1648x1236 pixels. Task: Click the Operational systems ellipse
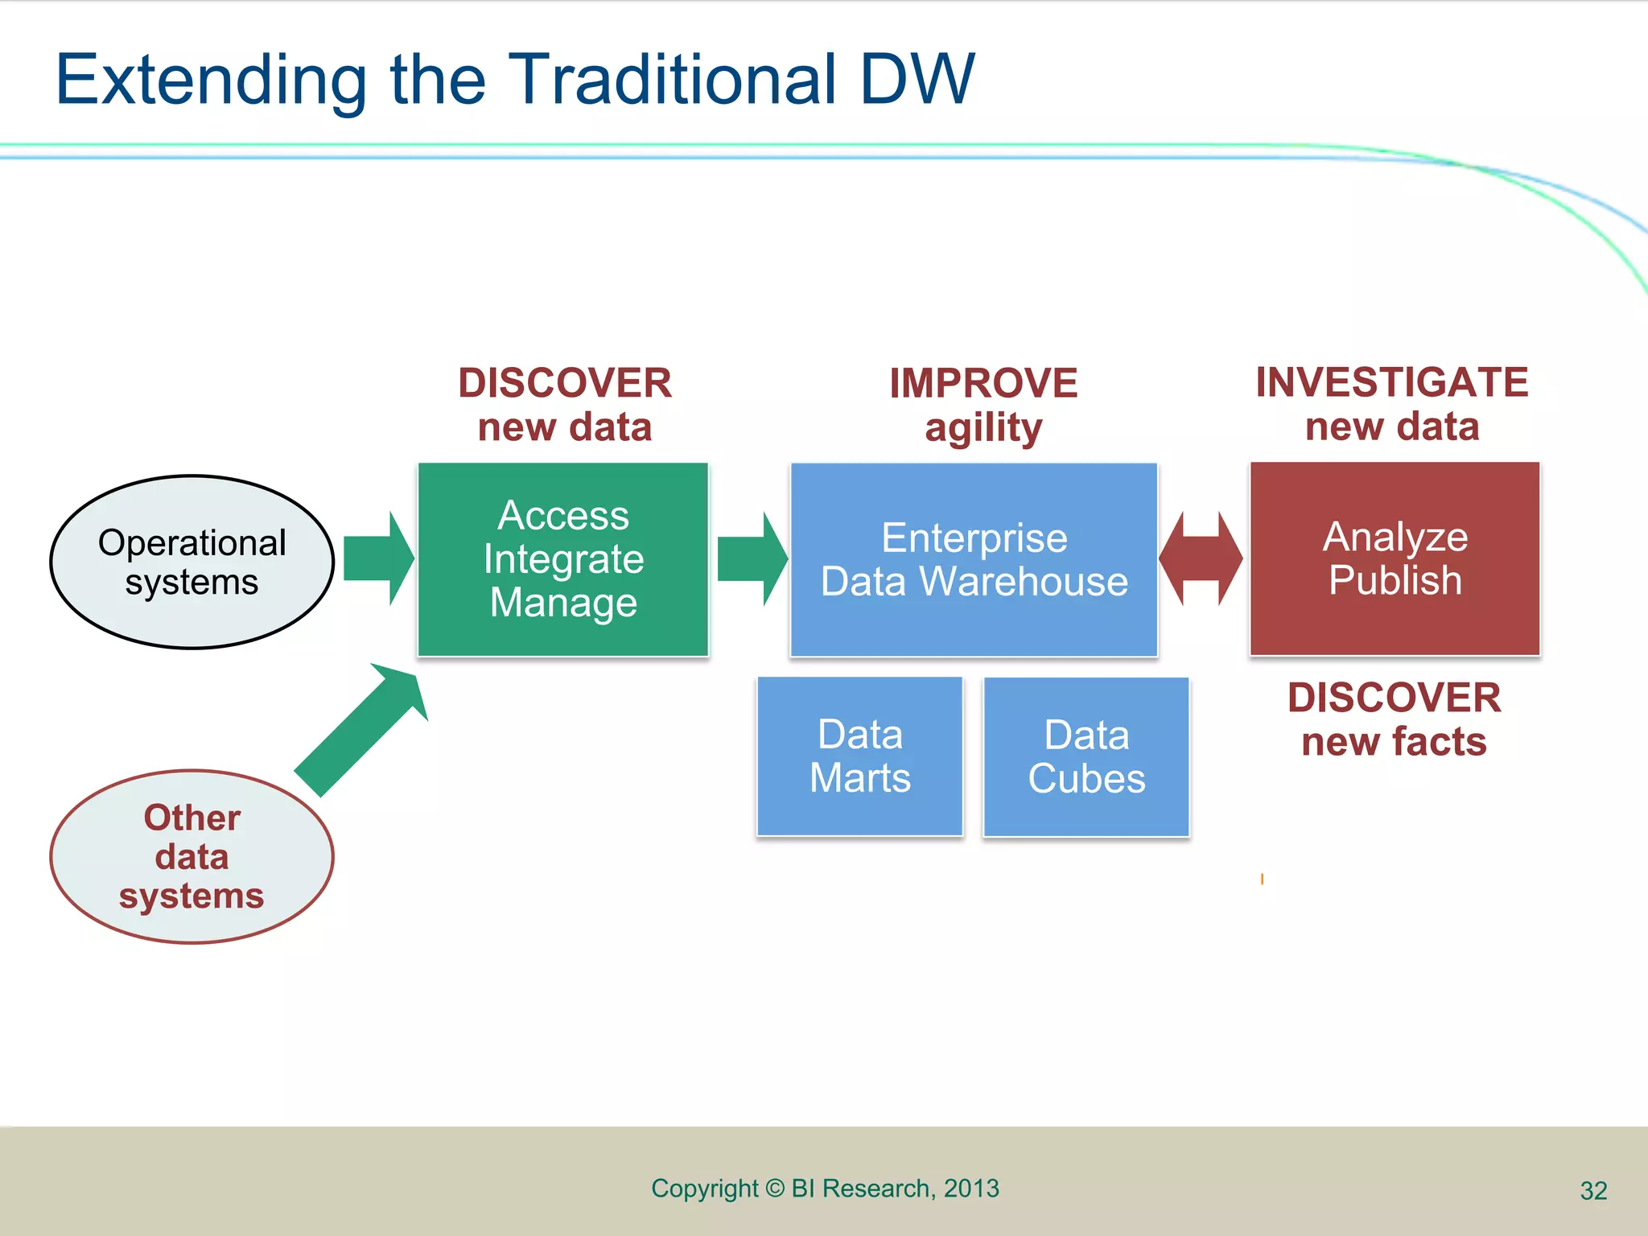pyautogui.click(x=192, y=562)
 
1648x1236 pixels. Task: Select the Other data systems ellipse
pyautogui.click(x=192, y=856)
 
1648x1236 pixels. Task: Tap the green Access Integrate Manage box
pyautogui.click(x=563, y=559)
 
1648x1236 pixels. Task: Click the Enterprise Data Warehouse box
pyautogui.click(x=974, y=559)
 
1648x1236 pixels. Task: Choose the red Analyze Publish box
pyautogui.click(x=1395, y=558)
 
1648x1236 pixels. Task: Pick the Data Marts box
pyautogui.click(x=859, y=756)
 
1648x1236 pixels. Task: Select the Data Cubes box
pyautogui.click(x=1086, y=757)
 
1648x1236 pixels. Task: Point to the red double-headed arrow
pyautogui.click(x=1201, y=558)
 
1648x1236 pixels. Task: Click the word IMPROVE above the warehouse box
pyautogui.click(x=983, y=383)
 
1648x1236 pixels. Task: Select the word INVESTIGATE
pyautogui.click(x=1392, y=382)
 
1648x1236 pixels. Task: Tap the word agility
pyautogui.click(x=983, y=428)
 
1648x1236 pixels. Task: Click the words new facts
pyautogui.click(x=1394, y=742)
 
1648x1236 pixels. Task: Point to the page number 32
pyautogui.click(x=1593, y=1191)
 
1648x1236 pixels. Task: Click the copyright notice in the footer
pyautogui.click(x=825, y=1189)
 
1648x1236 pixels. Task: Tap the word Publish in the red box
pyautogui.click(x=1395, y=581)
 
